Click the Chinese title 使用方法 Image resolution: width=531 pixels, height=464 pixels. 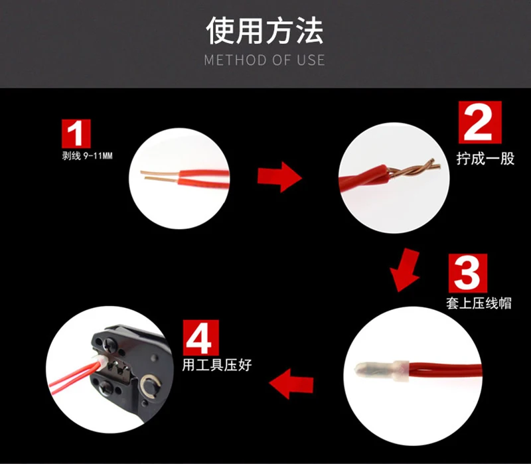(x=264, y=31)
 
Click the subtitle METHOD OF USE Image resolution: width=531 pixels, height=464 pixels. (x=264, y=60)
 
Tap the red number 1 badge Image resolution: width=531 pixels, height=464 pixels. (x=76, y=133)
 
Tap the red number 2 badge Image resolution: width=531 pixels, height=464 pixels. (x=480, y=122)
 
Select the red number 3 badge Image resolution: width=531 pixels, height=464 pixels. (x=468, y=273)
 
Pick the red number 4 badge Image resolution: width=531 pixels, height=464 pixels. (x=201, y=338)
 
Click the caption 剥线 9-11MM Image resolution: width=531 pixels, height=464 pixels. (x=87, y=156)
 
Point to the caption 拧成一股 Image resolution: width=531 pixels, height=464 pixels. (x=485, y=159)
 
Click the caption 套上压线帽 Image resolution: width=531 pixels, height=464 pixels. (x=479, y=303)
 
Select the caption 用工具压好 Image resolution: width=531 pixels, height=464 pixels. (x=217, y=365)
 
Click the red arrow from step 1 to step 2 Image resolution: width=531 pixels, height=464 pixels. (x=279, y=177)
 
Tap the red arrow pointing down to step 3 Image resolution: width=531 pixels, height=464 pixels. (x=406, y=270)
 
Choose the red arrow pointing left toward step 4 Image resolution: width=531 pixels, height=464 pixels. (x=291, y=384)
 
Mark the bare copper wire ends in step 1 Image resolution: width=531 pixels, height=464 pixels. (x=159, y=175)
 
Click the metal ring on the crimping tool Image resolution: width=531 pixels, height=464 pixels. (x=150, y=386)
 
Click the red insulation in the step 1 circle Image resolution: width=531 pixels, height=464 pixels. (x=204, y=179)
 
